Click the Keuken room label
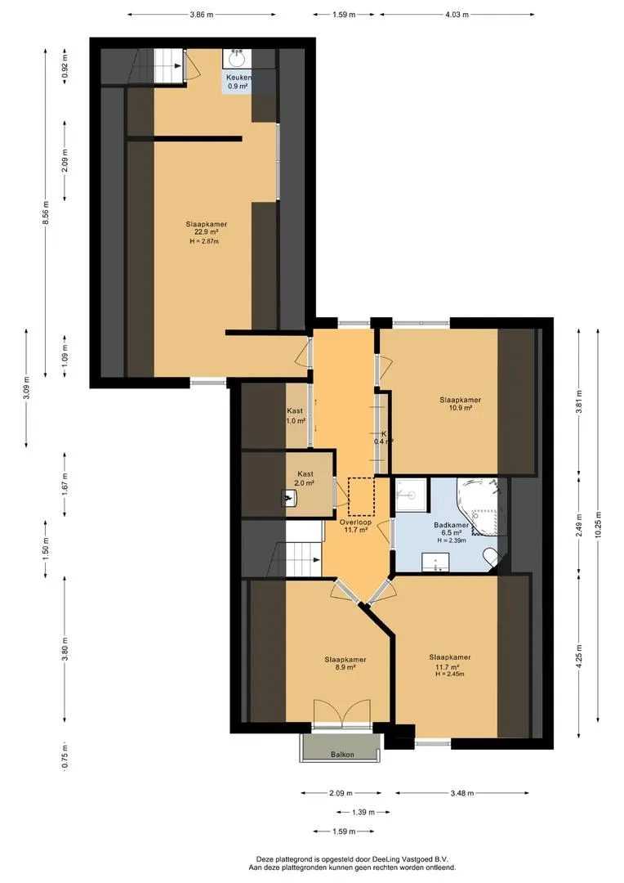point(238,77)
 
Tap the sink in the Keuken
point(237,58)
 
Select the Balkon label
point(342,754)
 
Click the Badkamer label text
point(452,525)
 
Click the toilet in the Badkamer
point(489,558)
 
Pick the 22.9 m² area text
point(207,232)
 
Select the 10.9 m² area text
point(460,408)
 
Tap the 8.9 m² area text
point(345,667)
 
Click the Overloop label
point(355,522)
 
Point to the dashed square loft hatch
point(361,497)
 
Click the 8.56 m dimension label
point(46,213)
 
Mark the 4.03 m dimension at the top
point(457,15)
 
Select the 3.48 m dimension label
point(462,793)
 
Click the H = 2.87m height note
point(204,241)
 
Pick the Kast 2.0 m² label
point(304,478)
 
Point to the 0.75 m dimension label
point(65,756)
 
